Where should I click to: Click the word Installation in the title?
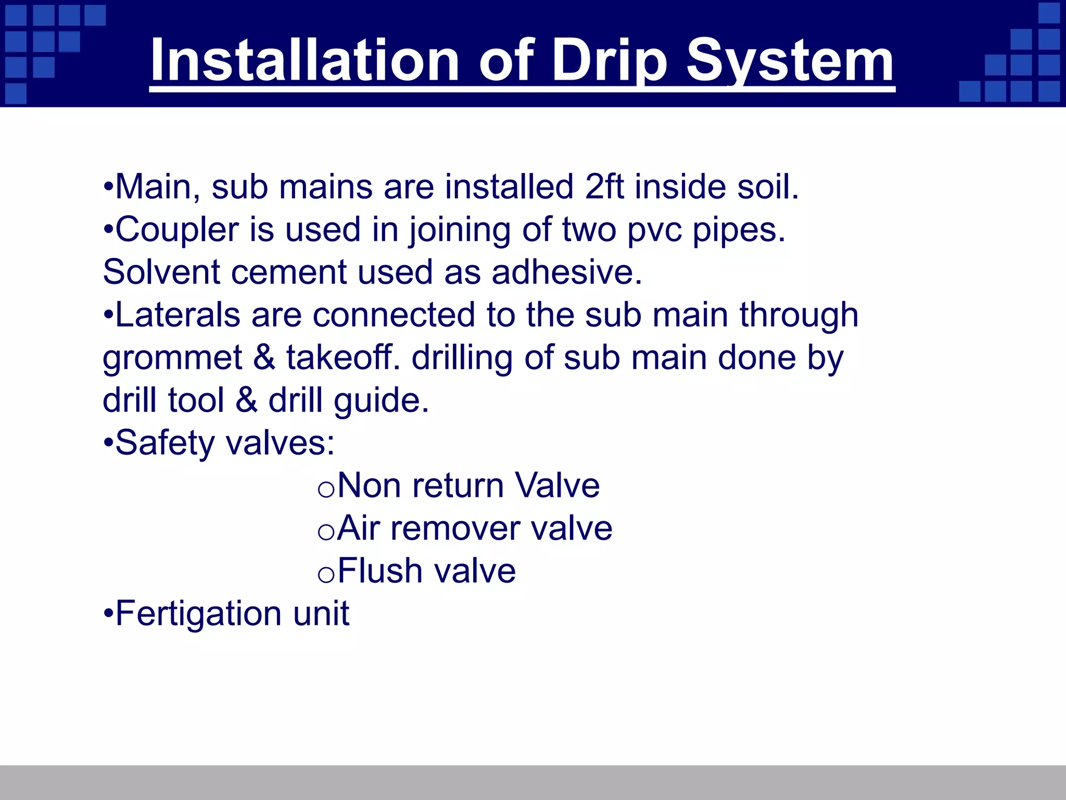coord(304,61)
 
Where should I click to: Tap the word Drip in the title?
coord(608,61)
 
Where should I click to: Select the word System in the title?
coord(790,61)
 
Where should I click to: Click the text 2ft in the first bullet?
coord(604,186)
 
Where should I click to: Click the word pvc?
coord(654,230)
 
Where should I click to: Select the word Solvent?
coord(161,272)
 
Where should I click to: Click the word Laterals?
coord(177,315)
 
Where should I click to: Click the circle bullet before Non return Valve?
coord(326,490)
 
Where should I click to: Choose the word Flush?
coord(380,571)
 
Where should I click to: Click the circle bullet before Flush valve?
coord(326,575)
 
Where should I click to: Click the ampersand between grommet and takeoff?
coord(264,358)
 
